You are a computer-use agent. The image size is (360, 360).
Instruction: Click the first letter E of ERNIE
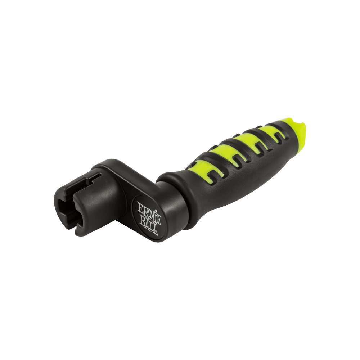pyautogui.click(x=140, y=206)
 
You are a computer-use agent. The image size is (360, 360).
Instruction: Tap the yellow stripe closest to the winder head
pyautogui.click(x=202, y=170)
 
